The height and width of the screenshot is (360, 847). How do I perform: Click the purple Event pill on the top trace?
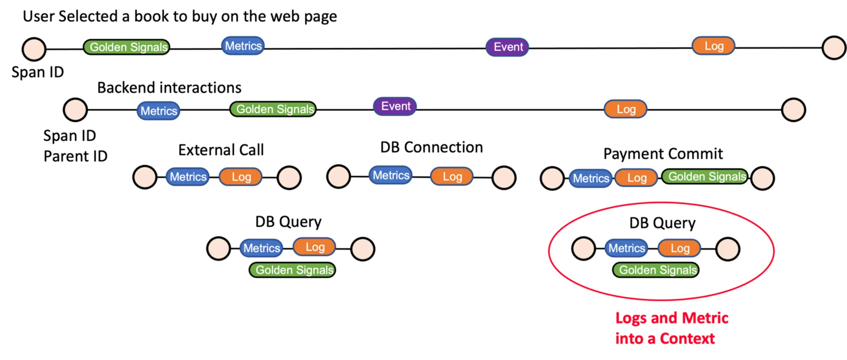[507, 47]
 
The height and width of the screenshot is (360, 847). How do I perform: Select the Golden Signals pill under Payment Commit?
[706, 177]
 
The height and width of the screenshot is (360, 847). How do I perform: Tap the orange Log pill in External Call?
[241, 177]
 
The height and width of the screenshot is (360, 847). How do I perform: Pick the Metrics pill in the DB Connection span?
[390, 175]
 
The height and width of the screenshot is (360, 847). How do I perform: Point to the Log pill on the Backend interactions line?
[626, 109]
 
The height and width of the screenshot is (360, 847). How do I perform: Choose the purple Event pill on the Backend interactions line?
[395, 106]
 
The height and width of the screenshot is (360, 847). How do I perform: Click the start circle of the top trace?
[34, 49]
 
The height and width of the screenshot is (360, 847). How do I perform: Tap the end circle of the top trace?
[834, 47]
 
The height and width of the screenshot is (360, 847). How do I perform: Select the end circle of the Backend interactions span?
[793, 110]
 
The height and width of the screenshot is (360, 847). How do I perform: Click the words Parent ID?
[75, 156]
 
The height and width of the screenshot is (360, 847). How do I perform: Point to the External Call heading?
[221, 150]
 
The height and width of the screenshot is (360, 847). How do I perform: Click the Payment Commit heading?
[663, 154]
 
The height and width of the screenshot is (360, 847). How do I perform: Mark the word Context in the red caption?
[687, 339]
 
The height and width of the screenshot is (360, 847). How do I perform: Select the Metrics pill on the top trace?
[243, 46]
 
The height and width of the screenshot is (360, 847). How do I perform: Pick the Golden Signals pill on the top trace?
[127, 47]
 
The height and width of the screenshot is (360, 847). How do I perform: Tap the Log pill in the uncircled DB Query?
[314, 247]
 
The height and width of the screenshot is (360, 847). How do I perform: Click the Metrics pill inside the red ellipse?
[626, 248]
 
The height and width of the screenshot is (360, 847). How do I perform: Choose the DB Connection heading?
[431, 147]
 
